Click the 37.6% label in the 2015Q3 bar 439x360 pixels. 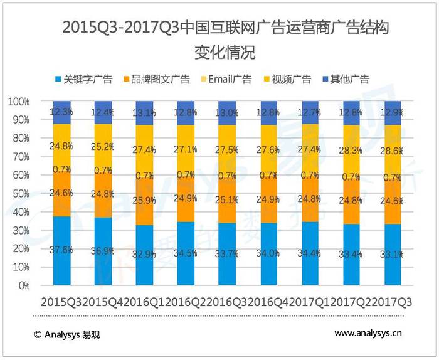62,250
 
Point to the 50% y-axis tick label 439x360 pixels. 21,193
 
